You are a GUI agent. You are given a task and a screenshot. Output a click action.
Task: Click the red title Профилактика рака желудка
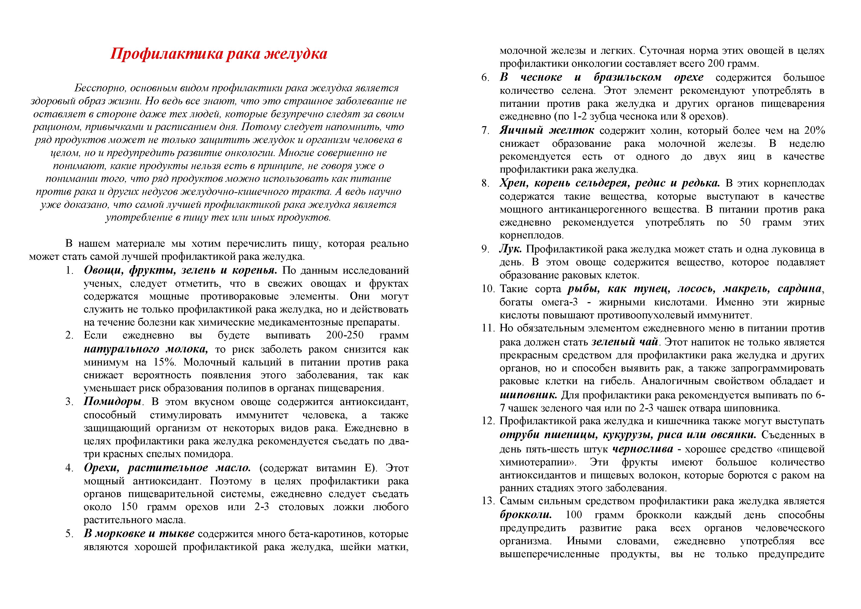[219, 54]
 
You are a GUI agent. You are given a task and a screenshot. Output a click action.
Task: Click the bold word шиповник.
[528, 395]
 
